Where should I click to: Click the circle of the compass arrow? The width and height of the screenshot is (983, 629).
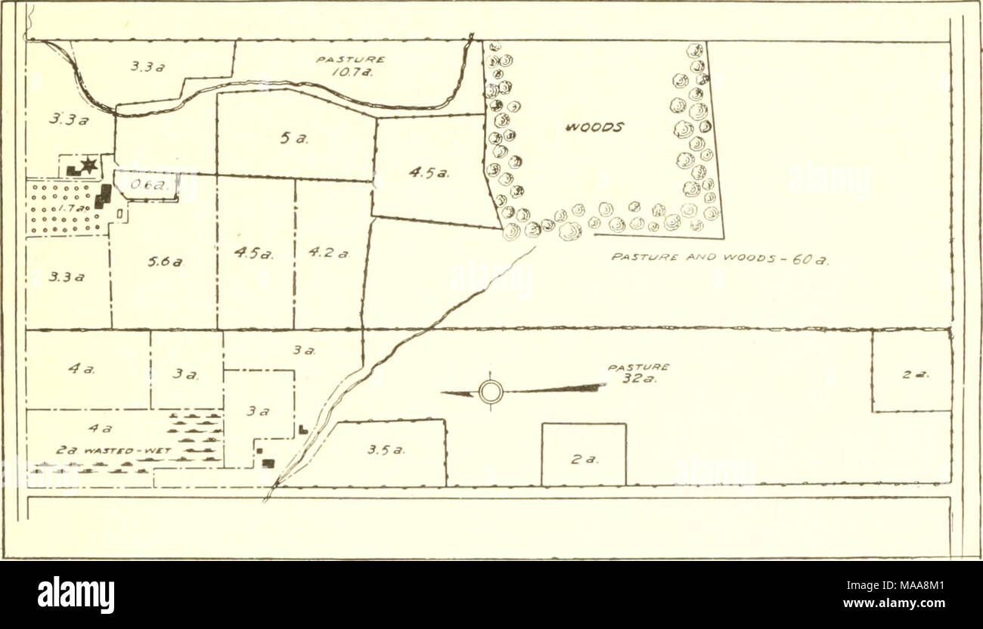point(491,392)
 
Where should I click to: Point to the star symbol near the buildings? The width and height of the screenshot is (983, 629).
point(88,166)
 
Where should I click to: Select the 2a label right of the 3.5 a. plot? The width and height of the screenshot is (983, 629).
point(584,459)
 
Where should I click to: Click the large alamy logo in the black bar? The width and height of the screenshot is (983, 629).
point(76,594)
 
